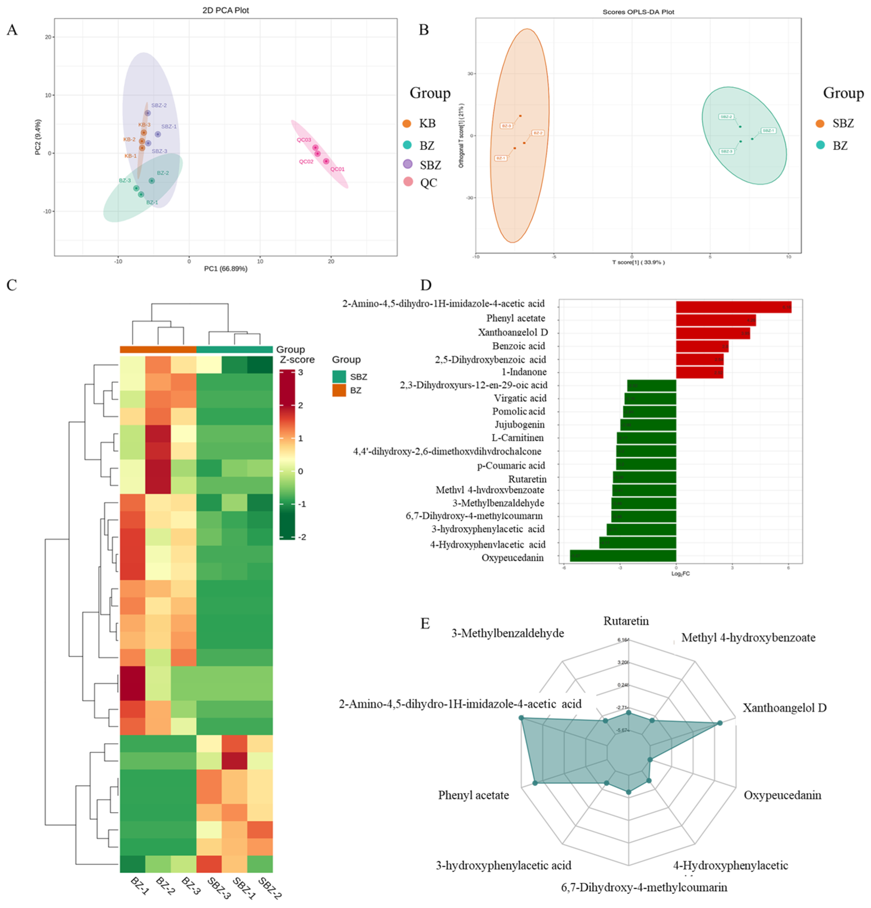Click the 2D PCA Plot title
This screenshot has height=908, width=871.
(x=226, y=10)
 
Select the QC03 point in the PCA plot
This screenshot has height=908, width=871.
(x=315, y=148)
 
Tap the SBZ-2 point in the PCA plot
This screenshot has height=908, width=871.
(x=148, y=113)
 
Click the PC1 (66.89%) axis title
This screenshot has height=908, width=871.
(x=226, y=268)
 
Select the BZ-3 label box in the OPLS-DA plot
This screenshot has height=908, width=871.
(x=506, y=126)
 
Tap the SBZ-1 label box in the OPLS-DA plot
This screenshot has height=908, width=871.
(x=768, y=131)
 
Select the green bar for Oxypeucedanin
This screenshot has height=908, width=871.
(x=623, y=555)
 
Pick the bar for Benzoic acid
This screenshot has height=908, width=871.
(x=701, y=346)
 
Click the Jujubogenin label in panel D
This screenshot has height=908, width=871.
(x=519, y=424)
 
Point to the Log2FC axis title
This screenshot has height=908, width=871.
(x=680, y=574)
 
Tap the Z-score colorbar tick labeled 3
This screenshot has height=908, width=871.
(x=300, y=372)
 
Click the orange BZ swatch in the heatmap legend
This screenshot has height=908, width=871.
(x=339, y=390)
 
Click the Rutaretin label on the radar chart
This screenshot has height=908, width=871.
(x=626, y=621)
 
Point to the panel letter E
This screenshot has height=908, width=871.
(x=425, y=624)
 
